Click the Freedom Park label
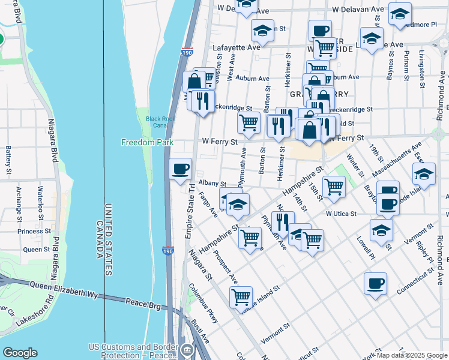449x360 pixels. [x=147, y=142]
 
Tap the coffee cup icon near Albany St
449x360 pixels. [x=181, y=169]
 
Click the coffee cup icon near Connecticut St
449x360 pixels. [x=375, y=283]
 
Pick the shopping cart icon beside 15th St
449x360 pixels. [x=334, y=186]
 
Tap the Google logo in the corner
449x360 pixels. [x=20, y=353]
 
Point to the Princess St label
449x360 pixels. [x=34, y=231]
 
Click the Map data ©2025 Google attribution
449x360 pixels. [x=412, y=355]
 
